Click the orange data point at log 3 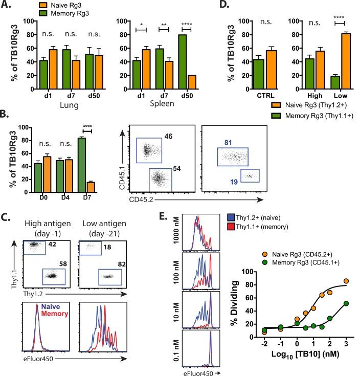(347, 281)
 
